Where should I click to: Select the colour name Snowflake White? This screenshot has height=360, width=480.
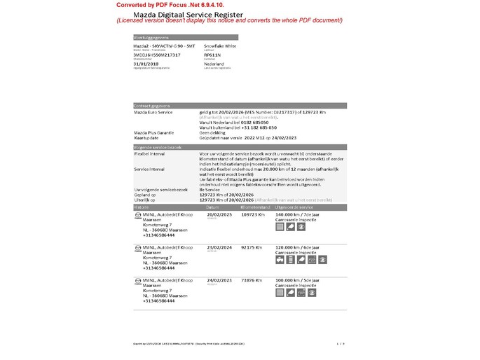[220, 45]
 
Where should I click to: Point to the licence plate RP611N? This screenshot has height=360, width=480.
[212, 54]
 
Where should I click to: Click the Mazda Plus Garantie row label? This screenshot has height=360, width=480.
[154, 132]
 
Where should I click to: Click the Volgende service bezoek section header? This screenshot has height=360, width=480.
[158, 148]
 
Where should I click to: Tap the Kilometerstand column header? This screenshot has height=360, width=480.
[254, 208]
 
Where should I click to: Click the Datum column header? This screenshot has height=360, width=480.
[213, 208]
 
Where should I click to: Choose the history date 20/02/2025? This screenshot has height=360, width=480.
[220, 214]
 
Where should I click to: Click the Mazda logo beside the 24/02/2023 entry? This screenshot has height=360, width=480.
[137, 280]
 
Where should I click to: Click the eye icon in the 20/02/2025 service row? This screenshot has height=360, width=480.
[301, 227]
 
